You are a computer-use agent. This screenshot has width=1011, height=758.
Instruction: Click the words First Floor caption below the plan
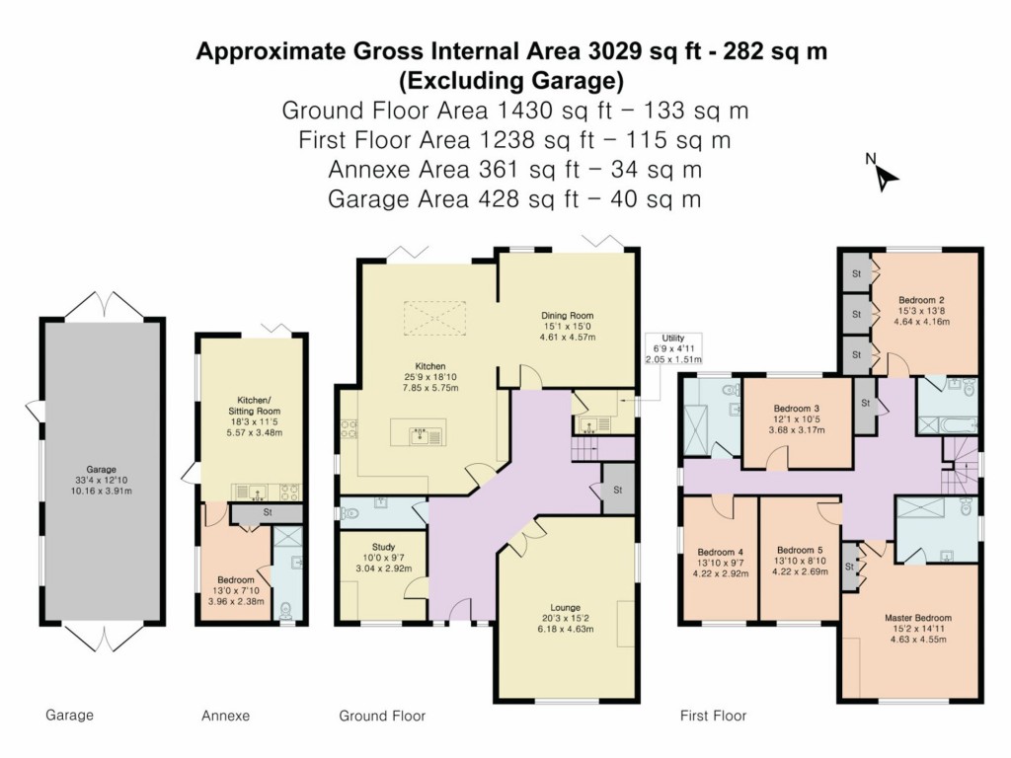pyautogui.click(x=713, y=716)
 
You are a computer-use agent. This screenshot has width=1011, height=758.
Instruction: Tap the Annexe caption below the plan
pyautogui.click(x=225, y=716)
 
